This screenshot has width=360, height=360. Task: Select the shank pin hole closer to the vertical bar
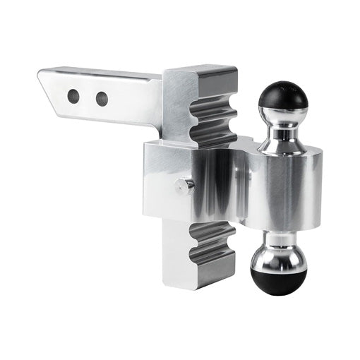[x=102, y=98]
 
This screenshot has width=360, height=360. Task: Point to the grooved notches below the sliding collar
[x=212, y=247]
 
